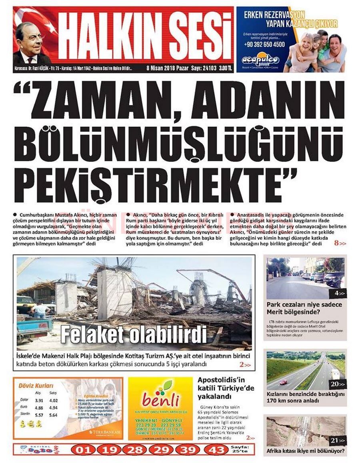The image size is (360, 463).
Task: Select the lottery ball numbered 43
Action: (x=216, y=450)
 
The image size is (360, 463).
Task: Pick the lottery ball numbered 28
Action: (x=136, y=450)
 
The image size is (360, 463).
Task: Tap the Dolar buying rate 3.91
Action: (x=39, y=401)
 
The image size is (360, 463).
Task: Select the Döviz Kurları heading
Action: (x=36, y=386)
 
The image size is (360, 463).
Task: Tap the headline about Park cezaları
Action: (x=299, y=308)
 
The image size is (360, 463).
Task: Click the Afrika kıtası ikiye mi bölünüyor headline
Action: (x=306, y=451)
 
